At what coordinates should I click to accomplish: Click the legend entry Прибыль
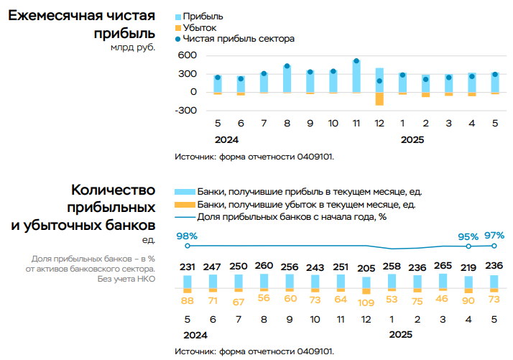pos(203,16)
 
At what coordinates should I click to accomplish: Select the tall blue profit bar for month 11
pos(356,76)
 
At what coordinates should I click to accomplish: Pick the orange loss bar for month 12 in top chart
pos(379,98)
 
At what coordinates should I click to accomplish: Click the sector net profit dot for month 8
pos(287,67)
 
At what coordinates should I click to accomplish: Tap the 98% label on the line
pos(187,236)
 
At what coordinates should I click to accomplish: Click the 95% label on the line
pos(468,236)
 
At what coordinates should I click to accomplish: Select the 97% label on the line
pos(494,235)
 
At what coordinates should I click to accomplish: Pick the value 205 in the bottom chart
pos(366,267)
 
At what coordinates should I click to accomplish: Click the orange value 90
pos(468,299)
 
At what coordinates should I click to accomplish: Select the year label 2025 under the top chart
pos(413,140)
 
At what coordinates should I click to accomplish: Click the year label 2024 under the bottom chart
pos(195,335)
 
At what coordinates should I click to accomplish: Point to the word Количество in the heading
pos(114,190)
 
